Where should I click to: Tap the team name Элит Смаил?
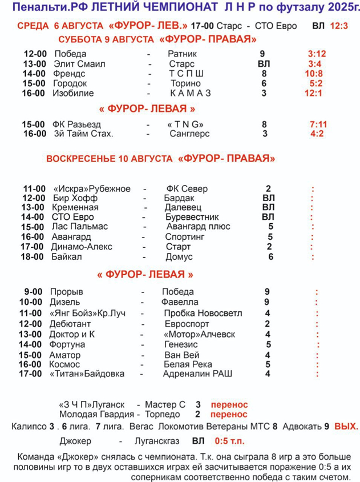(79, 64)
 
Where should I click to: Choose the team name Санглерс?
(189, 134)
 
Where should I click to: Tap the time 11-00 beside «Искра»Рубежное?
(34, 189)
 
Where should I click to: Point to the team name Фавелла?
(180, 302)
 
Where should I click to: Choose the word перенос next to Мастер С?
(229, 403)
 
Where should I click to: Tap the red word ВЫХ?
(346, 426)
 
